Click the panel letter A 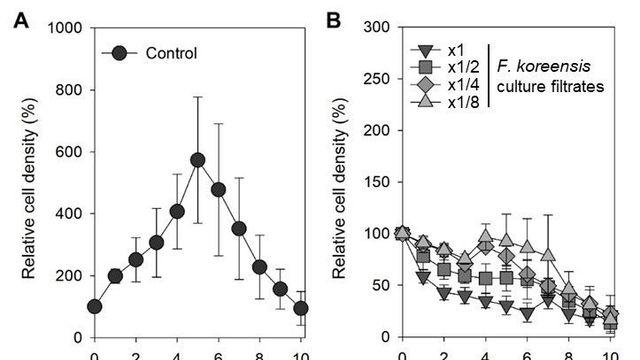coord(21,20)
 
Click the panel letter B coord(333,20)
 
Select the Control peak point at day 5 coord(198,160)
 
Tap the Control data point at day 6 coord(218,190)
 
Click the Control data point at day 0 coord(95,307)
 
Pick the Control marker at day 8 coord(260,267)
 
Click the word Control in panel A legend coord(171,53)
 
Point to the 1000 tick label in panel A coord(65,28)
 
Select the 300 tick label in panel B coord(377,27)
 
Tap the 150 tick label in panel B coord(377,182)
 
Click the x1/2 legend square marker coord(425,67)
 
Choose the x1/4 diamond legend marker coord(425,84)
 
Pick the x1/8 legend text coord(464,102)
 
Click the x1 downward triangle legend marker coord(425,50)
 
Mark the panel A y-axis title coord(29,188)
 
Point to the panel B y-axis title coord(339,188)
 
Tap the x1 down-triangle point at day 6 coord(527,313)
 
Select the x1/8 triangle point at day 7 coord(548,255)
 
